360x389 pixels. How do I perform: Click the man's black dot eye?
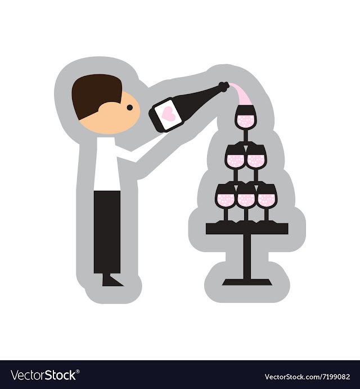click(x=130, y=108)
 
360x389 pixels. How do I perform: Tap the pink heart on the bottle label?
click(x=168, y=113)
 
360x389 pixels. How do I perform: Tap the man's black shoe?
click(x=111, y=280)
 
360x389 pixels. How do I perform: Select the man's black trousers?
click(x=107, y=232)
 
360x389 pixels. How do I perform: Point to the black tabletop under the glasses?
click(x=247, y=229)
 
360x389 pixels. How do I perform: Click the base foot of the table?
click(x=247, y=282)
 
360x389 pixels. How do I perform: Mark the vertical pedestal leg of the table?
click(x=247, y=257)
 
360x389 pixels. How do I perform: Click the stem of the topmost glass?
click(x=246, y=136)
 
